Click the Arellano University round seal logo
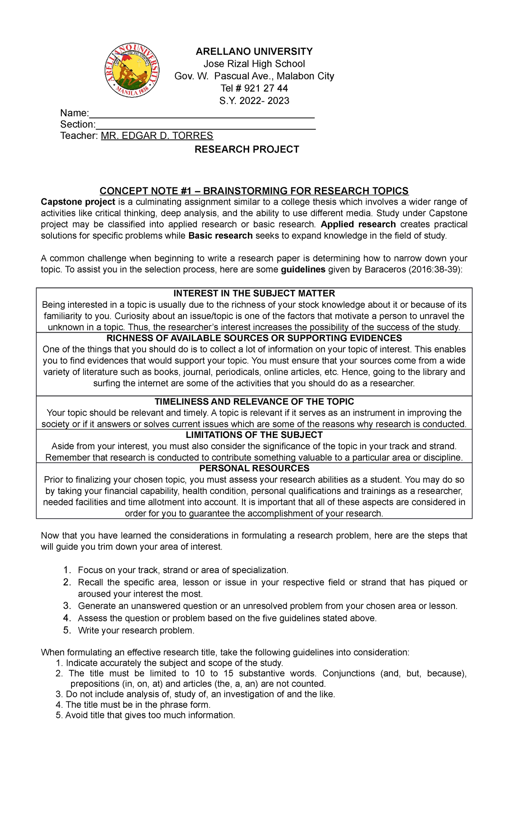pyautogui.click(x=132, y=70)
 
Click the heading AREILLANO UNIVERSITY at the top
pyautogui.click(x=254, y=51)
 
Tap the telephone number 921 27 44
pyautogui.click(x=266, y=88)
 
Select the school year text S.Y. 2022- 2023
pyautogui.click(x=254, y=101)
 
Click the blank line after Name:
pyautogui.click(x=202, y=115)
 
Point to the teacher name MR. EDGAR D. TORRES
pyautogui.click(x=157, y=136)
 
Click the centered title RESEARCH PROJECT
pyautogui.click(x=247, y=149)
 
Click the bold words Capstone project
pyautogui.click(x=78, y=202)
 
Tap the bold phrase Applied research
pyautogui.click(x=358, y=224)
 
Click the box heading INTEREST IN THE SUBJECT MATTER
pyautogui.click(x=254, y=293)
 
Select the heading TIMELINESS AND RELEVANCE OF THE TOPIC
pyautogui.click(x=254, y=402)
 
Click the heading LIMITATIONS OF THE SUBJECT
pyautogui.click(x=254, y=435)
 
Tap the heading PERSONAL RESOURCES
pyautogui.click(x=254, y=468)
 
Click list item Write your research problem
pyautogui.click(x=136, y=630)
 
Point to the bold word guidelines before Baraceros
pyautogui.click(x=303, y=269)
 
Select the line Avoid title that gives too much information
pyautogui.click(x=150, y=715)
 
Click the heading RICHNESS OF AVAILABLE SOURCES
pyautogui.click(x=254, y=338)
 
